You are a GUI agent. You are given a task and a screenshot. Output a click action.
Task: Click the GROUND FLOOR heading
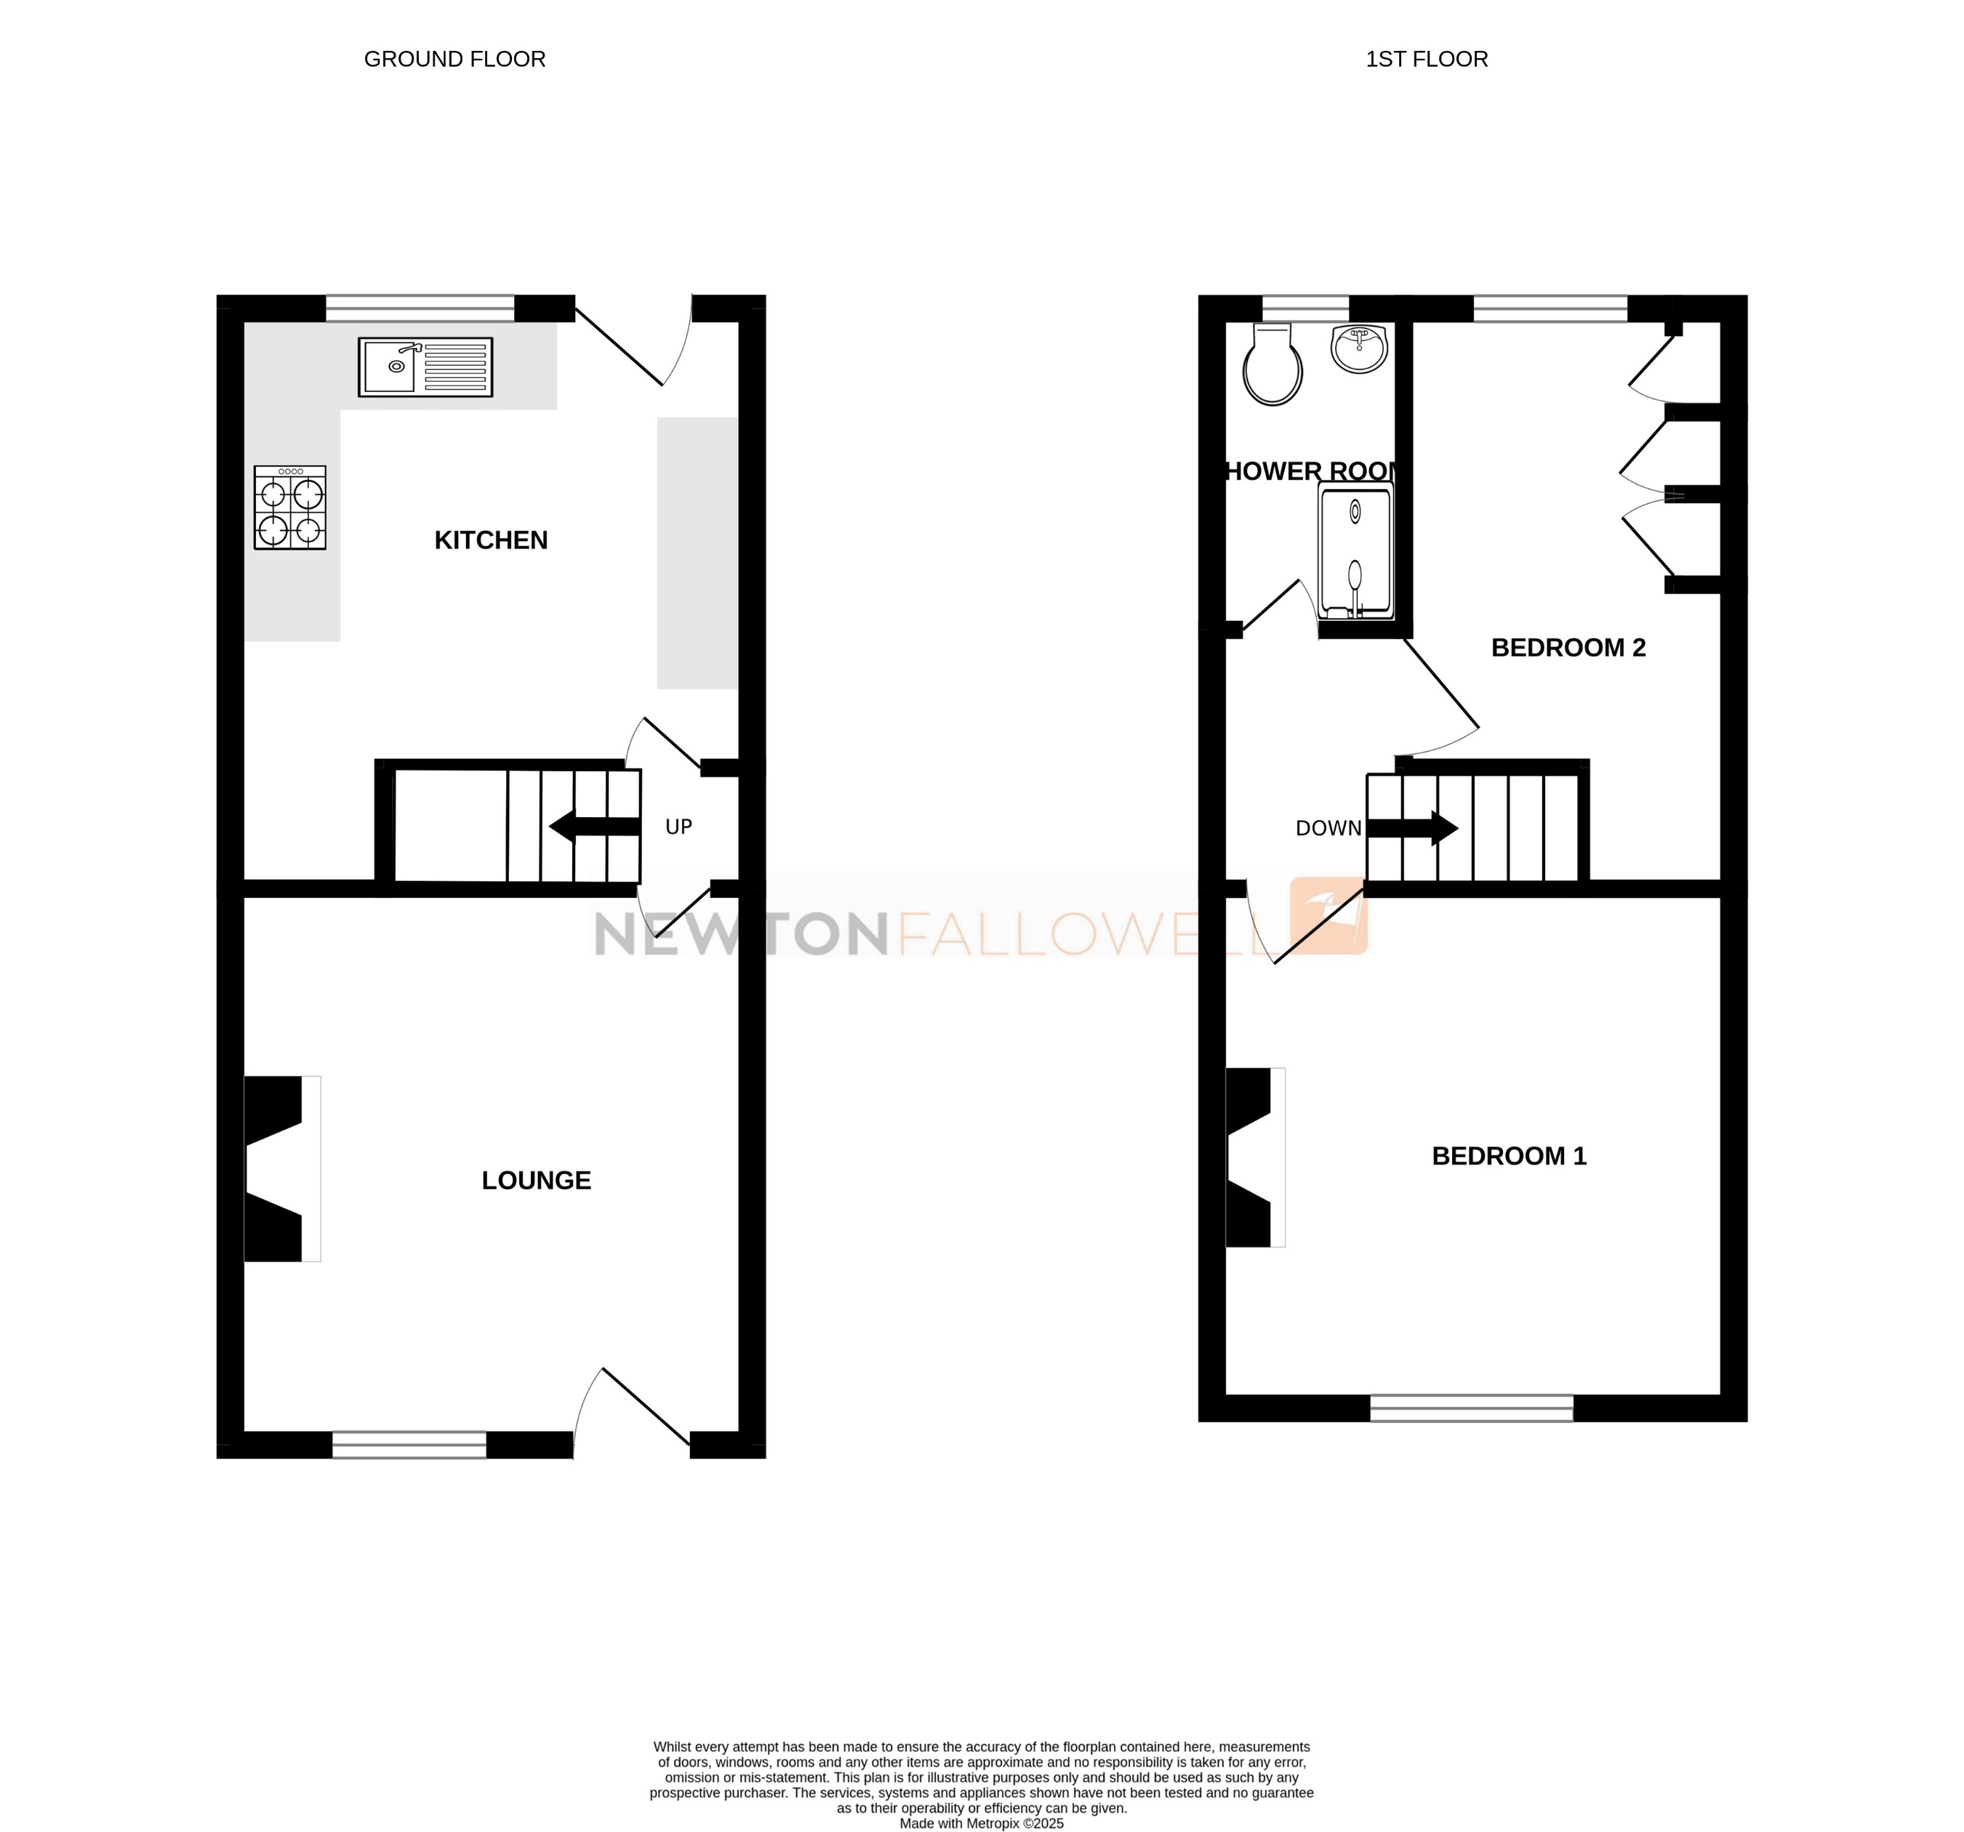point(454,60)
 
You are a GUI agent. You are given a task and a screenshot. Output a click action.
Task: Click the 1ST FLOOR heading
point(1426,60)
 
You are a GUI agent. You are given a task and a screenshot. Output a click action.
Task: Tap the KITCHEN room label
point(491,540)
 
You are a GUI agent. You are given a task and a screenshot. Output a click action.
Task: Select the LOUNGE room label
point(537,1180)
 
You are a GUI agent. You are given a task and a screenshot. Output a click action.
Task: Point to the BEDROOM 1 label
point(1509,1155)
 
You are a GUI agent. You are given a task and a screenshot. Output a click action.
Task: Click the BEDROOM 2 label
point(1568,648)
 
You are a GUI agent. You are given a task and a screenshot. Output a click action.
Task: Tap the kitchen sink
point(425,367)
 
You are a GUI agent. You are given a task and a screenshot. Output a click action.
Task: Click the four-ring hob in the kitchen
point(289,507)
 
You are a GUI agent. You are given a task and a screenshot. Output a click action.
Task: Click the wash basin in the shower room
point(1360,350)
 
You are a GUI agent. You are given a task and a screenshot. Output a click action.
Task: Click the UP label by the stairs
point(678,827)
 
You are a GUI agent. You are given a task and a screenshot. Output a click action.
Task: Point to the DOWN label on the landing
point(1328,829)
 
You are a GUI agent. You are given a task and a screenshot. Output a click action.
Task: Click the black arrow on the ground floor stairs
point(593,827)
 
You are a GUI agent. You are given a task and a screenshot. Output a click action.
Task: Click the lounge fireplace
point(281,1168)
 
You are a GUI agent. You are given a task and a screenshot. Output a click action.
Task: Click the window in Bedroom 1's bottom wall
point(1471,1407)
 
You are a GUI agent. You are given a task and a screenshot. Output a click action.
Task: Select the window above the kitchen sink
point(420,308)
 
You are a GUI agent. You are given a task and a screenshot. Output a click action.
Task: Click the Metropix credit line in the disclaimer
point(981,1823)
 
